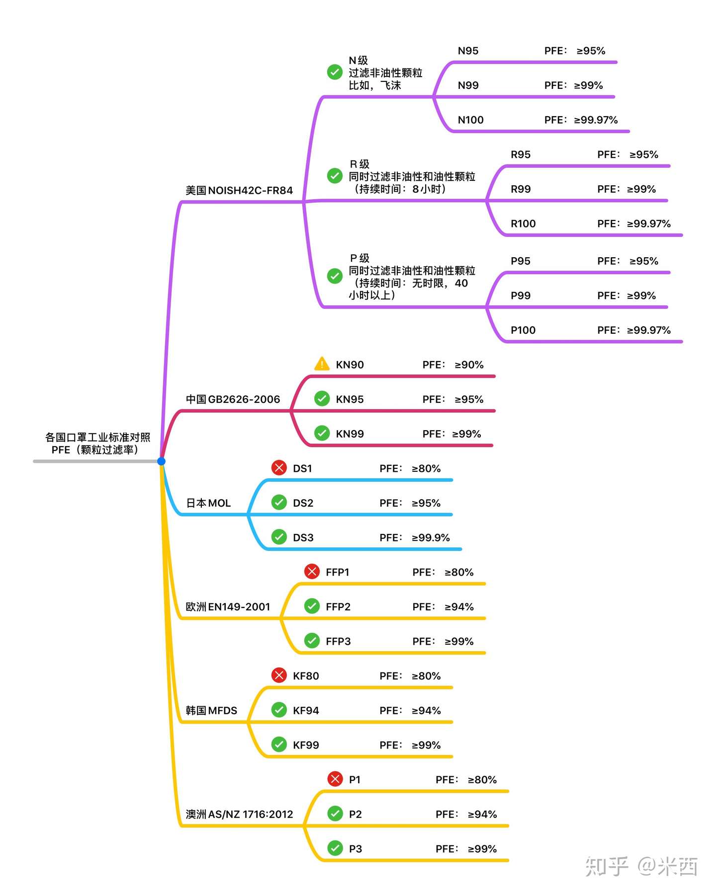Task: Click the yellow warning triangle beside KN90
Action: [322, 364]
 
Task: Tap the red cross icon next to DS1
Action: [279, 468]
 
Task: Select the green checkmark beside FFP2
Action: [312, 606]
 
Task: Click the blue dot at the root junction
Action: [161, 461]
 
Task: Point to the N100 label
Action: [470, 120]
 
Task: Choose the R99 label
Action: [521, 189]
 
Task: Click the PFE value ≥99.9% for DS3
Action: [431, 537]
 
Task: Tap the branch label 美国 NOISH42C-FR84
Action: [239, 190]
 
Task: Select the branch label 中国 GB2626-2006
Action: [233, 399]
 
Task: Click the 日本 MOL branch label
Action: [208, 503]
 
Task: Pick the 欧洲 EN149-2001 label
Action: [228, 606]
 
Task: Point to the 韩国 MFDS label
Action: [211, 710]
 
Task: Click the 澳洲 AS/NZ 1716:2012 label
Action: [239, 814]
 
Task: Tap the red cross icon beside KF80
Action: [279, 675]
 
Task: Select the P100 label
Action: [523, 330]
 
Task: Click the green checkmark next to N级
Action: [335, 73]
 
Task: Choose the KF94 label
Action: [306, 710]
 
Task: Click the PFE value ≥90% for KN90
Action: [469, 365]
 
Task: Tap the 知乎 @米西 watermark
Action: [641, 866]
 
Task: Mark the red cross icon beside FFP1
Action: [312, 572]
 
